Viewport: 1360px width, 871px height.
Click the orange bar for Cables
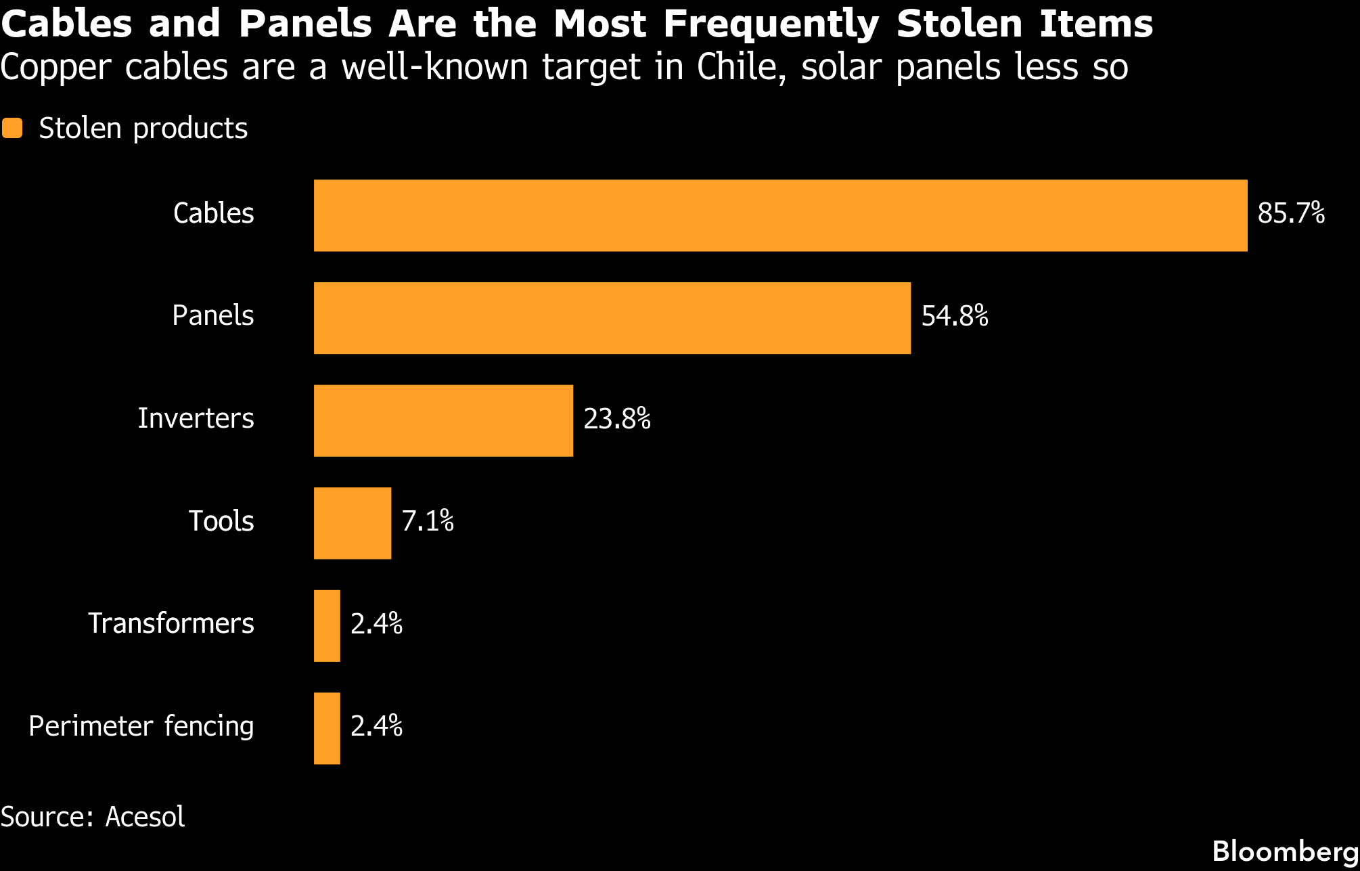[x=780, y=215]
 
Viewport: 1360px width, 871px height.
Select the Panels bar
[x=612, y=318]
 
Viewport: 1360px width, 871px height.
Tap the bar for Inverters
[x=443, y=420]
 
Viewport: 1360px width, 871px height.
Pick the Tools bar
[x=353, y=523]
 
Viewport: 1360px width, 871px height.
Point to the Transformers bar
[x=327, y=626]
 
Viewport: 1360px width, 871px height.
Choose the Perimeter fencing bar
[x=327, y=728]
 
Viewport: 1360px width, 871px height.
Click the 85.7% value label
[x=1291, y=213]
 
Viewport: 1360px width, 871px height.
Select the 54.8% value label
[x=955, y=316]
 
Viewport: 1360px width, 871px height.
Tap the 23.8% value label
[x=617, y=419]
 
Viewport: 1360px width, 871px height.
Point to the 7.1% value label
[x=428, y=521]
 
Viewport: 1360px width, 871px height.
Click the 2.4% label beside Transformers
[x=376, y=624]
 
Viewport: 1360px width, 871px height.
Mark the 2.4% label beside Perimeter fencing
[x=376, y=726]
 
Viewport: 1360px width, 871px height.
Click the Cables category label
[x=214, y=213]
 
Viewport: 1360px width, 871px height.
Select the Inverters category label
[x=196, y=418]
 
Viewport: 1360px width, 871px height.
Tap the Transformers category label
[x=171, y=623]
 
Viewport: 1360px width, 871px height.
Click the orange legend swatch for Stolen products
[x=12, y=128]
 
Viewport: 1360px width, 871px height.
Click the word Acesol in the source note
[x=145, y=817]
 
